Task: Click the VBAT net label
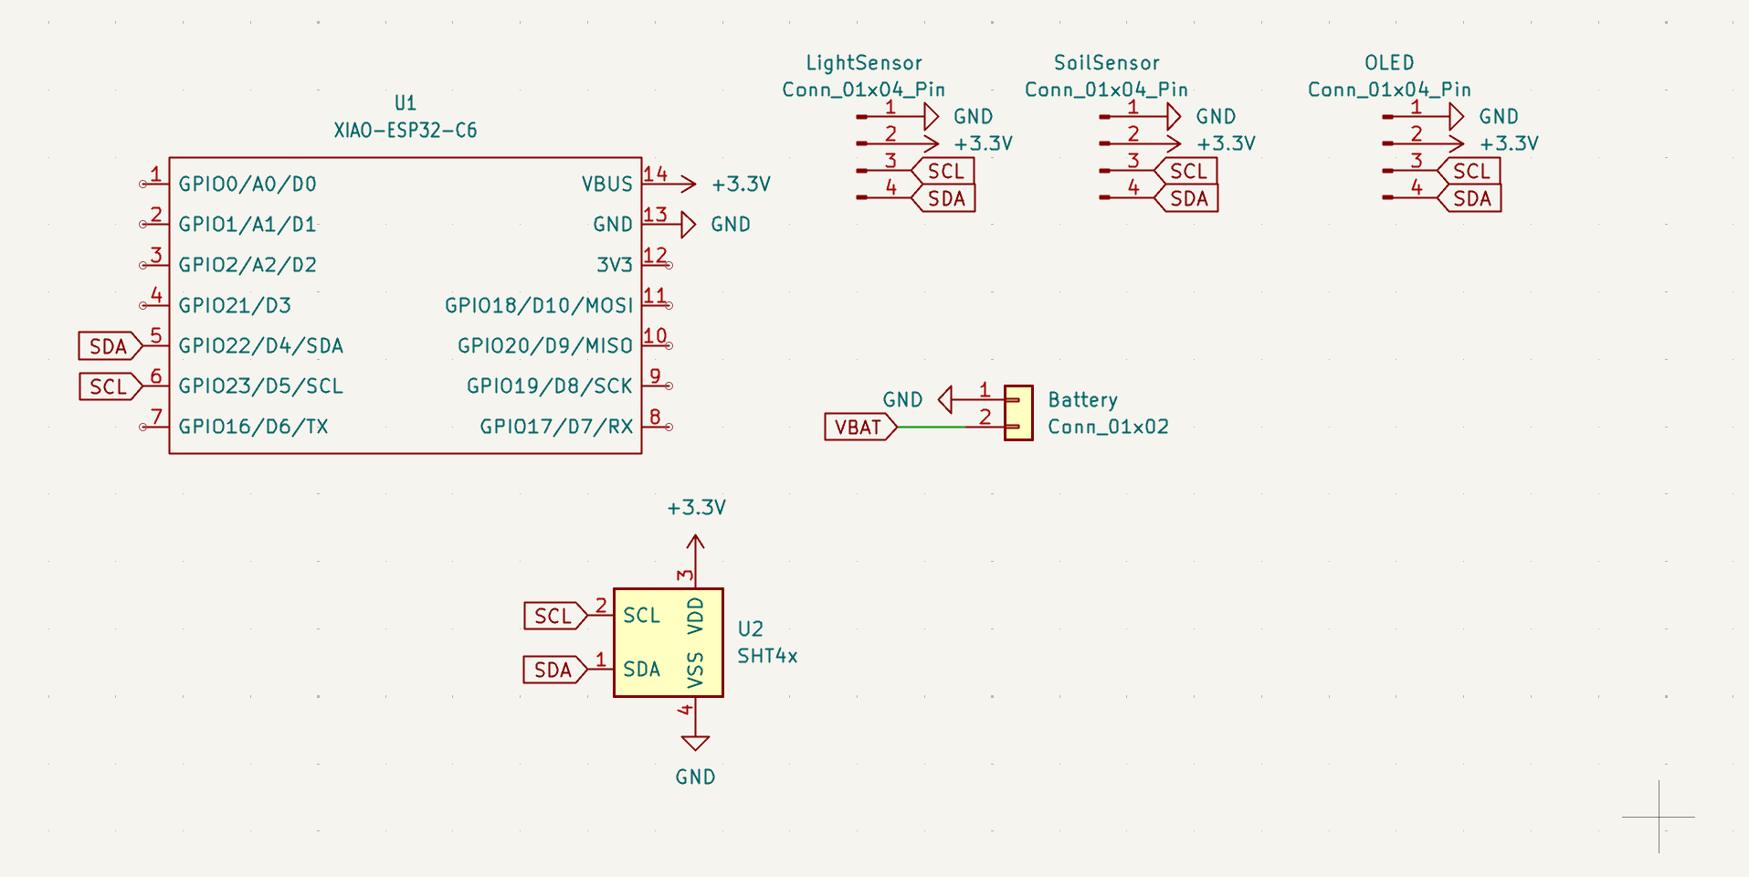[x=859, y=427]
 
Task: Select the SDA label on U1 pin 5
[x=109, y=346]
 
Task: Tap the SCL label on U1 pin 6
[x=109, y=386]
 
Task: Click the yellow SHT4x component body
[x=668, y=642]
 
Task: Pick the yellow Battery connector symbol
[x=1018, y=413]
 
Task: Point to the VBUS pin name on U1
[x=606, y=184]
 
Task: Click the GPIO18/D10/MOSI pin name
[x=539, y=305]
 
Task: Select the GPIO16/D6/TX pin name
[x=253, y=427]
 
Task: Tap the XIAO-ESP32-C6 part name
[x=405, y=130]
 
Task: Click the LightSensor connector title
[x=863, y=63]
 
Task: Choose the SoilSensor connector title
[x=1106, y=63]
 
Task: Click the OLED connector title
[x=1388, y=63]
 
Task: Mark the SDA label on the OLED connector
[x=1470, y=198]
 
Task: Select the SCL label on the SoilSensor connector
[x=1187, y=171]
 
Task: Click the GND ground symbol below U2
[x=695, y=742]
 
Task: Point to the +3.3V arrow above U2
[x=695, y=543]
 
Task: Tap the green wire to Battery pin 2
[x=932, y=427]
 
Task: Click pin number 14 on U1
[x=655, y=174]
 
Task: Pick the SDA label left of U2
[x=553, y=670]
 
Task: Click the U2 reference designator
[x=750, y=629]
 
